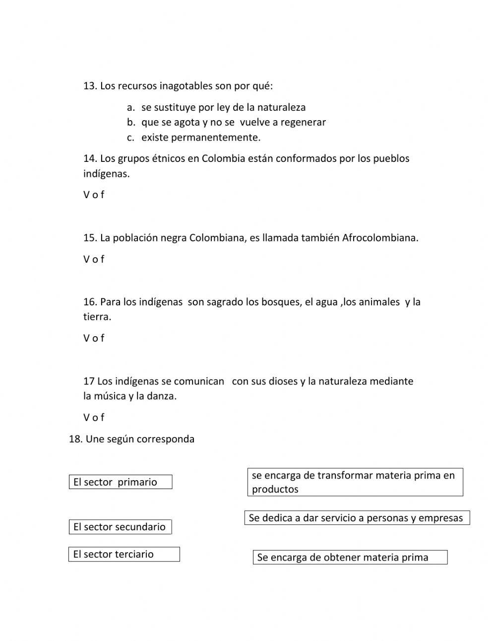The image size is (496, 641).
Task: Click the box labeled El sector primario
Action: click(x=120, y=482)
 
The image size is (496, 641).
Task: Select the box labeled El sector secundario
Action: click(x=120, y=527)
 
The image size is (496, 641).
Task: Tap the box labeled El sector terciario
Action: click(x=124, y=554)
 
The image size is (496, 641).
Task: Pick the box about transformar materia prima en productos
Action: click(x=355, y=482)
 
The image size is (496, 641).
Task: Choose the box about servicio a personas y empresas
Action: click(x=357, y=518)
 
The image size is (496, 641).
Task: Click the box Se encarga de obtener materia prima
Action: click(x=350, y=557)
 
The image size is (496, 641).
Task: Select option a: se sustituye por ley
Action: click(x=223, y=107)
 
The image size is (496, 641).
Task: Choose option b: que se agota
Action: click(x=233, y=122)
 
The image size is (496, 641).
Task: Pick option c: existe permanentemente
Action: click(x=200, y=137)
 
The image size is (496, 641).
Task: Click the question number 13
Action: click(x=89, y=86)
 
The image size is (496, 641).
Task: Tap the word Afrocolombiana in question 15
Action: click(x=379, y=237)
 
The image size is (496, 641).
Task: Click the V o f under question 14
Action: click(x=94, y=195)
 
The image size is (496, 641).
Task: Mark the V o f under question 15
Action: click(x=94, y=259)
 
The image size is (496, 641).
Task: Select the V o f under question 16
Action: click(x=94, y=338)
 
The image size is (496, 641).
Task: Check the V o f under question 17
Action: click(x=94, y=417)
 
